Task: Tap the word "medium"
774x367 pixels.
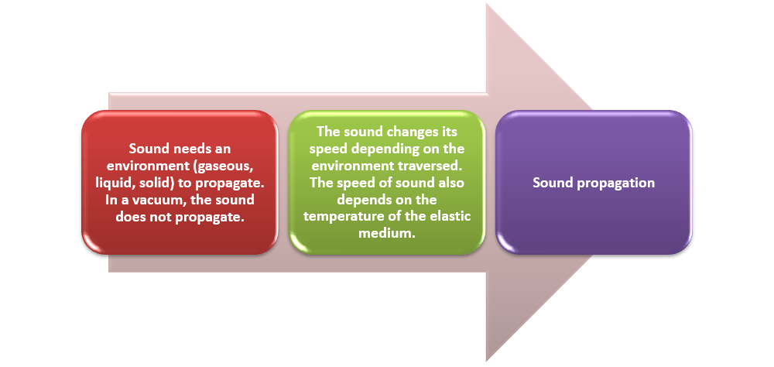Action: (x=386, y=234)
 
